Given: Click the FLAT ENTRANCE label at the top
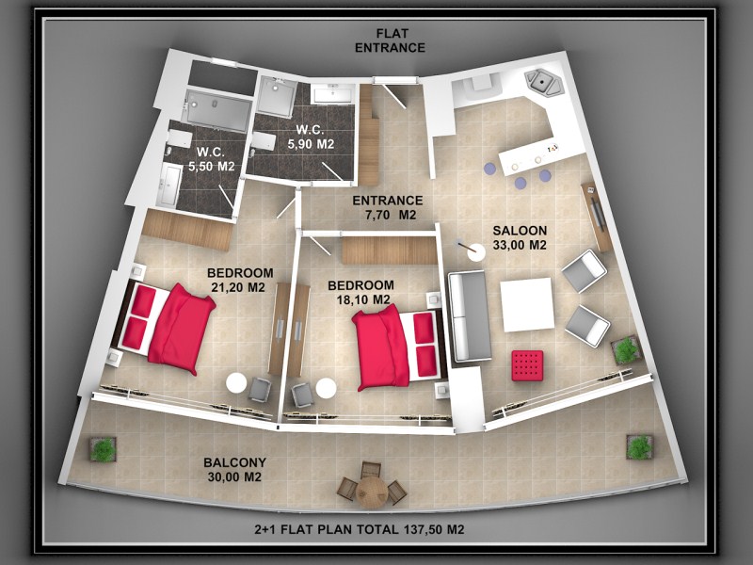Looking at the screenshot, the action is pos(390,40).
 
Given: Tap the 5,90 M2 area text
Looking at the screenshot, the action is pos(311,144).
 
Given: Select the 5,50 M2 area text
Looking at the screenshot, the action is pos(211,167).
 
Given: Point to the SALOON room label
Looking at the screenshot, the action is pos(520,231).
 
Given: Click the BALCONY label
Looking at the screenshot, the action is pos(234,462).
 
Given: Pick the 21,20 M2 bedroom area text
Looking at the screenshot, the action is pos(238,287).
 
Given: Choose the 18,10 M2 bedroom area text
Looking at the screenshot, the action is pos(362,299).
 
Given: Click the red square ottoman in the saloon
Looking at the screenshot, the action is pos(527,365).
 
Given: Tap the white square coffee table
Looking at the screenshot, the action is pos(527,304).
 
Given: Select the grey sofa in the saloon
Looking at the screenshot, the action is pos(469,316).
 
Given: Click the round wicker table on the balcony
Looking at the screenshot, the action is pos(372,492).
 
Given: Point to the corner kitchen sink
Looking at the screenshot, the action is pos(544,82).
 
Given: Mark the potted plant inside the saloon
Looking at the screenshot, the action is pos(626,349).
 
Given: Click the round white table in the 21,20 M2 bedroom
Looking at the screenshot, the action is pos(236,383).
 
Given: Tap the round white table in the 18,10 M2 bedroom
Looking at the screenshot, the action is pos(326,388).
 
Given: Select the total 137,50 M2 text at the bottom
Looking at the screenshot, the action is pos(360,529).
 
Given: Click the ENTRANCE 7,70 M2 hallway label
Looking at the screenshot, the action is pos(388,207).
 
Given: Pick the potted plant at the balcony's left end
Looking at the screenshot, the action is pos(103,449).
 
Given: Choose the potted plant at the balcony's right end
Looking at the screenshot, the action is pos(640,447).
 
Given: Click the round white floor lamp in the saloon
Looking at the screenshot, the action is pos(476,252).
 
